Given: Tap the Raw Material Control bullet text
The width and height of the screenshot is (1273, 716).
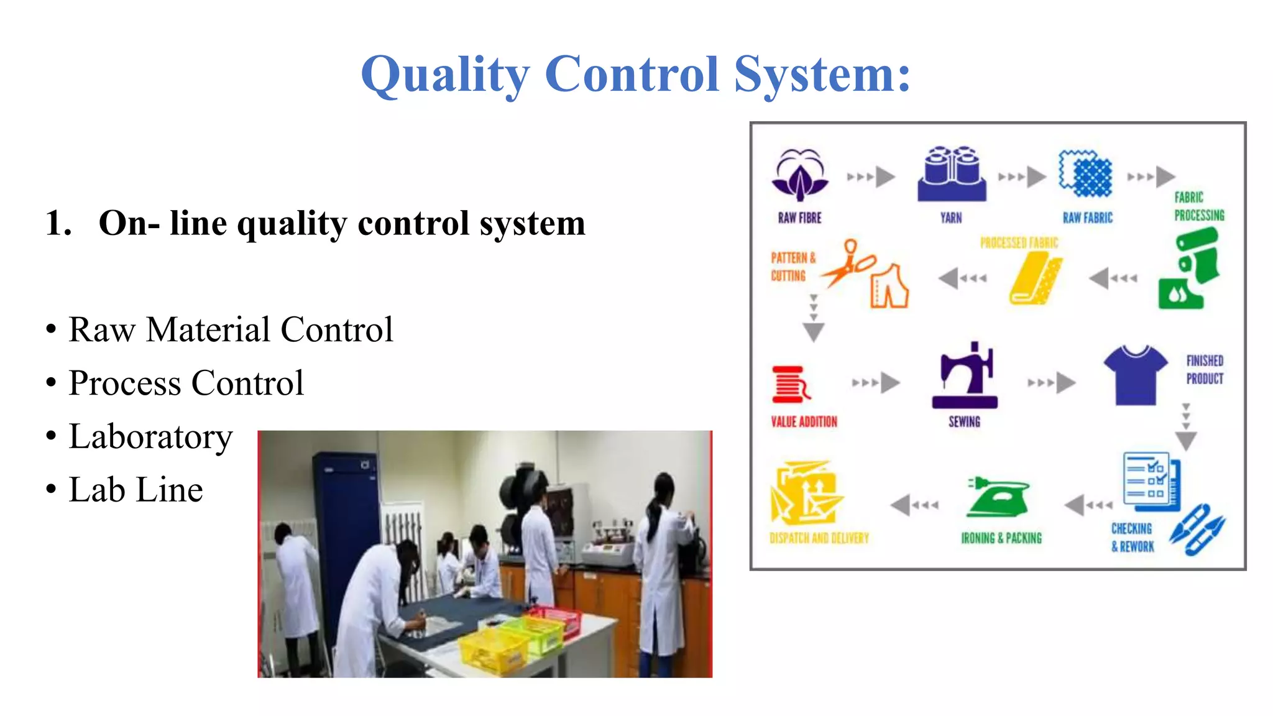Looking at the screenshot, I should [231, 329].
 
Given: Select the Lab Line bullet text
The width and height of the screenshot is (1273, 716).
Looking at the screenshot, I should [136, 490].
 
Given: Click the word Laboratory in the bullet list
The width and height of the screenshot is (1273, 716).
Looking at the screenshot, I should [150, 436].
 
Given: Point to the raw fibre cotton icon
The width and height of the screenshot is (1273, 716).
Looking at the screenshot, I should [799, 175].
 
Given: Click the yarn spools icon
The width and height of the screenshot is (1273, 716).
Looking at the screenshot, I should [951, 174].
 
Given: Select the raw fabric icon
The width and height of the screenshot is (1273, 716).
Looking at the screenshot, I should [1086, 174].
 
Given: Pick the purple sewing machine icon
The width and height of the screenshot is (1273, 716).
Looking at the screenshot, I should [965, 376].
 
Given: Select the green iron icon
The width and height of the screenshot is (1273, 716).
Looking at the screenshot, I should [998, 497].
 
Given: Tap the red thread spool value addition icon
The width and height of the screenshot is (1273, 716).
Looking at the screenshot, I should [790, 385].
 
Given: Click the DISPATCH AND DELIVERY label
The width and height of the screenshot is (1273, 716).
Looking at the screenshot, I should [819, 538].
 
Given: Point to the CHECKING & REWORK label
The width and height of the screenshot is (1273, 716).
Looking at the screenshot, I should [1132, 538].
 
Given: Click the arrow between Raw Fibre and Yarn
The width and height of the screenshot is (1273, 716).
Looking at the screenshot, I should [871, 177].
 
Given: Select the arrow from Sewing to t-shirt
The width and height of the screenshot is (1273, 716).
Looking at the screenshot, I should [1052, 382].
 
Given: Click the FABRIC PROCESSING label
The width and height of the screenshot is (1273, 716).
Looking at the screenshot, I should [1198, 206].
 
